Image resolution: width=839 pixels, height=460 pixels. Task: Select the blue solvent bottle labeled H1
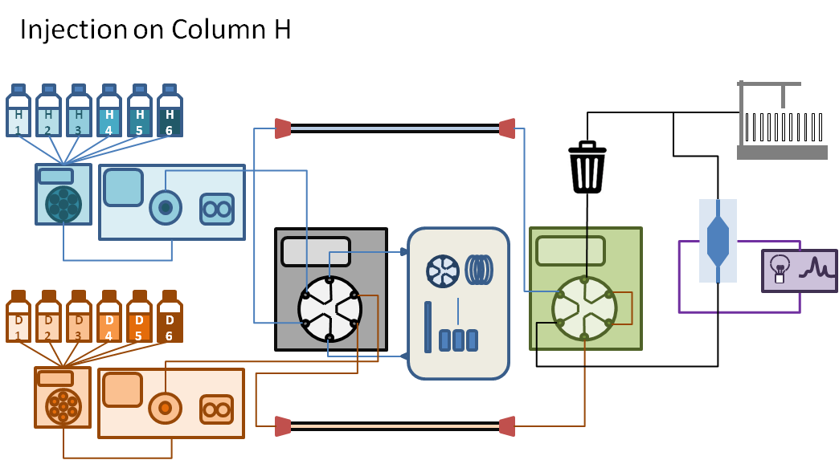coord(18,115)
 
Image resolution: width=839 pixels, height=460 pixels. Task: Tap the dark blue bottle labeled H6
coord(170,115)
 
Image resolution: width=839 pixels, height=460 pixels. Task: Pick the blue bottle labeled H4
coord(109,115)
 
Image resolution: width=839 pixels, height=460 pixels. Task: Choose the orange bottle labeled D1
coord(18,321)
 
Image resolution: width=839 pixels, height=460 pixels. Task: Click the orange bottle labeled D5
coord(139,321)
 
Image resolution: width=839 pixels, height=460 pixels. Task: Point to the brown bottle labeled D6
coord(170,321)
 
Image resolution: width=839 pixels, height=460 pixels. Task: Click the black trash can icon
coord(587,167)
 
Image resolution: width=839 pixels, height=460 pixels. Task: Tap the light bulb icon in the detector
coord(778,267)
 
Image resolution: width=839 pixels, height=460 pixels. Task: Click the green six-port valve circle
coord(584,308)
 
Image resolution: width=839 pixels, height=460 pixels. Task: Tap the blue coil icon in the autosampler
coord(479,270)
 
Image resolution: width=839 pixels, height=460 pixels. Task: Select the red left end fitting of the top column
coord(282,128)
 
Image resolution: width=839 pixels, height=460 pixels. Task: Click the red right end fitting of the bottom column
coord(506,426)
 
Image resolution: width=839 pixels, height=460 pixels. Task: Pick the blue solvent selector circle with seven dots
coord(63,204)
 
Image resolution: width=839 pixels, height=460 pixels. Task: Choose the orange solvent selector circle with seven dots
coord(63,407)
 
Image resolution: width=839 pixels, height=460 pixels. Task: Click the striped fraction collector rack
coord(784,128)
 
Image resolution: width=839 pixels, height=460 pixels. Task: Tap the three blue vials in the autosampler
coord(459,340)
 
